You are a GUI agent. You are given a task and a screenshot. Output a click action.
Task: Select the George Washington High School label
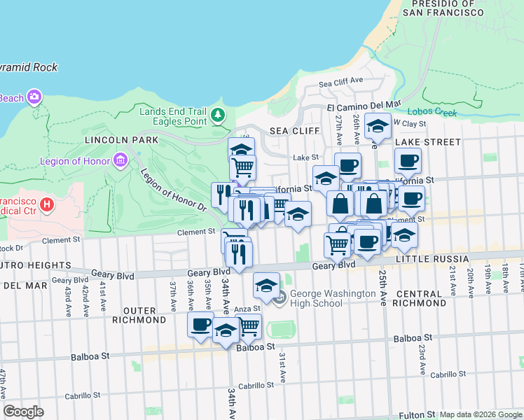click(x=333, y=298)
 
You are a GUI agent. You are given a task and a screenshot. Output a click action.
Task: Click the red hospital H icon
click(x=47, y=204)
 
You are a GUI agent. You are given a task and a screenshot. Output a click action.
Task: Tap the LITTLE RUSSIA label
click(x=426, y=260)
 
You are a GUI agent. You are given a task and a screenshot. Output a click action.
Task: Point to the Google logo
click(x=24, y=412)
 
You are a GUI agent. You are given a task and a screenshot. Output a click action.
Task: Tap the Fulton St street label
click(x=418, y=415)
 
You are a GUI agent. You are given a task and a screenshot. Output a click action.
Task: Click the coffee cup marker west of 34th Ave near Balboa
click(x=201, y=324)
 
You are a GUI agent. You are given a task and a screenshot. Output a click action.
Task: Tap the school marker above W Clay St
click(x=378, y=126)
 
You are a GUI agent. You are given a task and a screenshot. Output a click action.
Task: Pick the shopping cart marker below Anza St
click(x=248, y=325)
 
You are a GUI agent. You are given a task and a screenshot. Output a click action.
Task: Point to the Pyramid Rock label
click(x=28, y=68)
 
